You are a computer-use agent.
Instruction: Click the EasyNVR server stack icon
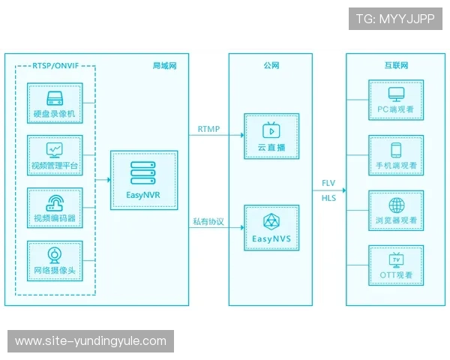point(143,172)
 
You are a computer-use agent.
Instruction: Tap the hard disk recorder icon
point(55,98)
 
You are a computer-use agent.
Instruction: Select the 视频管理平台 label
point(55,166)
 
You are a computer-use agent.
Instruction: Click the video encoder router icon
point(55,203)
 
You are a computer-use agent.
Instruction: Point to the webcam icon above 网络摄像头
point(54,256)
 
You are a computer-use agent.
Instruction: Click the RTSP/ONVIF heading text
point(55,66)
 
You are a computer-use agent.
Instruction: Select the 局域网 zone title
point(164,66)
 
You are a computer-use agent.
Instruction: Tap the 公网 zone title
point(271,65)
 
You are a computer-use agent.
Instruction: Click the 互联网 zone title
point(396,65)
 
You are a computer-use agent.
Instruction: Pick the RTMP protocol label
point(208,129)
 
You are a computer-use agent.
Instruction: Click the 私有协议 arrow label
point(208,221)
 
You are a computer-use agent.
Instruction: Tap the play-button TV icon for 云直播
point(271,130)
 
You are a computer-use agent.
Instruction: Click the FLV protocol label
point(328,183)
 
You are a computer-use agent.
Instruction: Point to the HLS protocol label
point(328,198)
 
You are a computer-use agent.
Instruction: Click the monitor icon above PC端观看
point(396,94)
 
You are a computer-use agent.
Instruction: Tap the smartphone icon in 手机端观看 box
point(396,150)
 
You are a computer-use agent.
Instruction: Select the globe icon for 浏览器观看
point(397,205)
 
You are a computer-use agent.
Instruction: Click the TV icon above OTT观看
point(396,260)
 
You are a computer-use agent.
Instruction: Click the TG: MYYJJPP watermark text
point(395,19)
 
